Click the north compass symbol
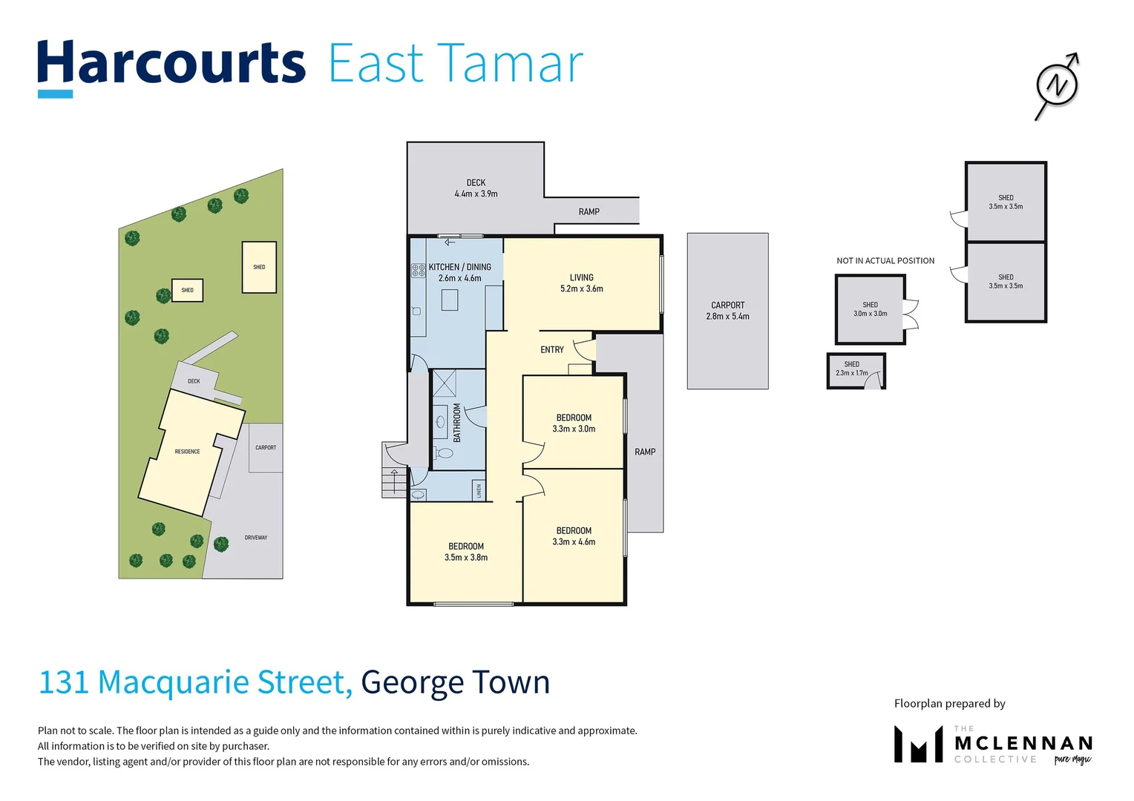(x=1057, y=86)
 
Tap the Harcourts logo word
(x=171, y=64)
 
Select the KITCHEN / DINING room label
(x=459, y=267)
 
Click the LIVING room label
(x=581, y=277)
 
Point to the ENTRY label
(x=551, y=349)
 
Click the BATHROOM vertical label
(x=457, y=423)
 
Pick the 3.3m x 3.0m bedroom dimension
(x=574, y=429)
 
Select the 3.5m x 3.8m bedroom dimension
(x=466, y=558)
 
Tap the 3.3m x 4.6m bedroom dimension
(x=574, y=542)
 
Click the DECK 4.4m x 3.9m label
(x=476, y=188)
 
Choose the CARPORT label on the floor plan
(x=727, y=305)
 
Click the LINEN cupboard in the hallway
(x=479, y=490)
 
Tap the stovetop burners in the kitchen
(x=419, y=270)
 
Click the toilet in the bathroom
(x=445, y=452)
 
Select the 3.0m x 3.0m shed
(x=870, y=309)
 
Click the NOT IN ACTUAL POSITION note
(x=885, y=261)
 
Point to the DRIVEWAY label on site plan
(x=256, y=538)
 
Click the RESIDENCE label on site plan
(x=187, y=452)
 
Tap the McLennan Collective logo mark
(x=917, y=745)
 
